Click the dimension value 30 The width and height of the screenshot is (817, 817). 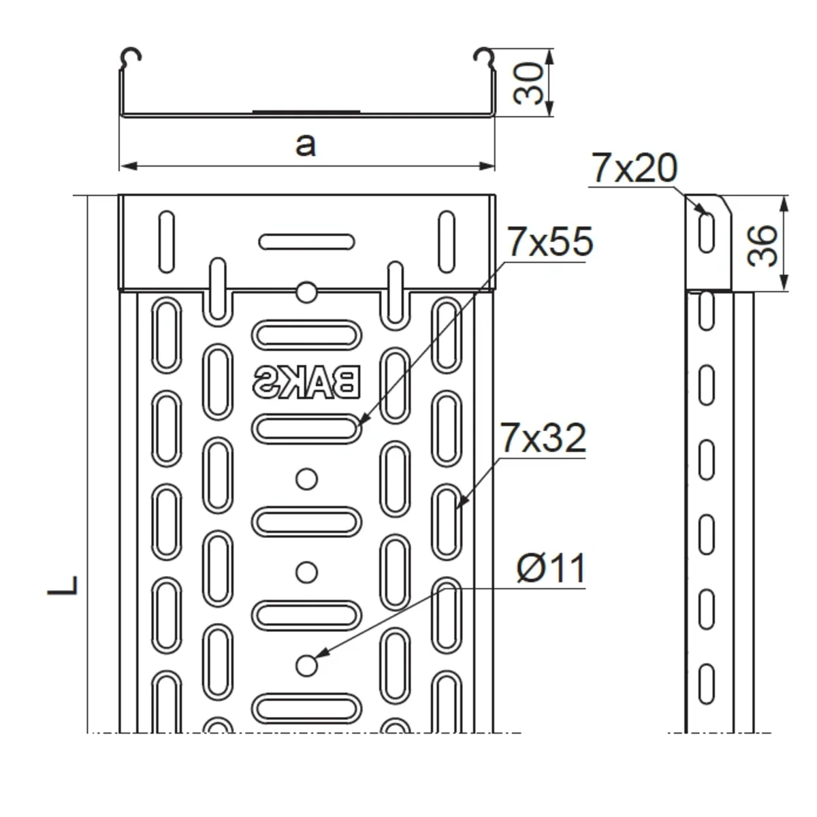click(x=528, y=84)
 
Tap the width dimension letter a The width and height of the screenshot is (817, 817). click(x=306, y=145)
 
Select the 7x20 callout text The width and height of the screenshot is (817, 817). click(x=635, y=168)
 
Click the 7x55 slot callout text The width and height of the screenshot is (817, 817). click(x=550, y=242)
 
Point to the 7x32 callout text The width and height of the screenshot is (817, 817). click(x=543, y=438)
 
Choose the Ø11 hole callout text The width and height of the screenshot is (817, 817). click(x=551, y=568)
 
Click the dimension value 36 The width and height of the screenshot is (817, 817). click(x=762, y=246)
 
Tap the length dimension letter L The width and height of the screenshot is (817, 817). click(x=63, y=586)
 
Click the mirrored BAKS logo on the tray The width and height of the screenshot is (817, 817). click(x=306, y=383)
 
